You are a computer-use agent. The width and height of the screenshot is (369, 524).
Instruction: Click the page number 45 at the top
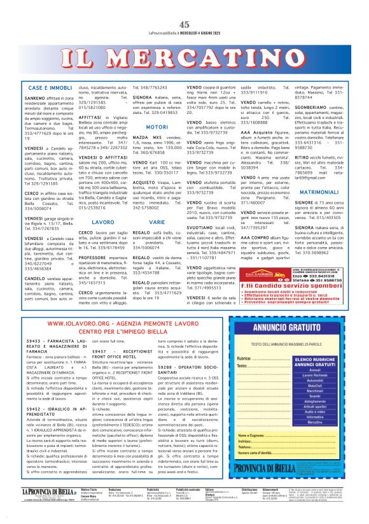pos(184,24)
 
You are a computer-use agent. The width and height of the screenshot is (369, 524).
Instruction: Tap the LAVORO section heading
pos(103,222)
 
